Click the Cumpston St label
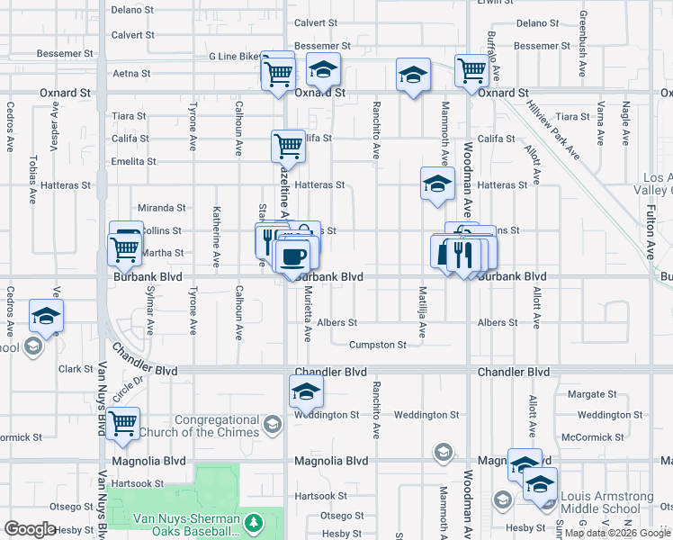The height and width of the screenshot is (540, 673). (378, 345)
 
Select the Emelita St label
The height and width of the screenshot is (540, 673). (133, 161)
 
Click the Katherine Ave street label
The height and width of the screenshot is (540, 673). (217, 237)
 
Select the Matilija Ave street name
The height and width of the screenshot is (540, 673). (421, 311)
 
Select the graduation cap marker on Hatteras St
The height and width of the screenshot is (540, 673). (437, 184)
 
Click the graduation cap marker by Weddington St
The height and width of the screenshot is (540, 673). (306, 391)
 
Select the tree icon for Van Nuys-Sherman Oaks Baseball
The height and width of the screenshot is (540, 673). (255, 522)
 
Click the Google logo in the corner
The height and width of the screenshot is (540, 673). (30, 529)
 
